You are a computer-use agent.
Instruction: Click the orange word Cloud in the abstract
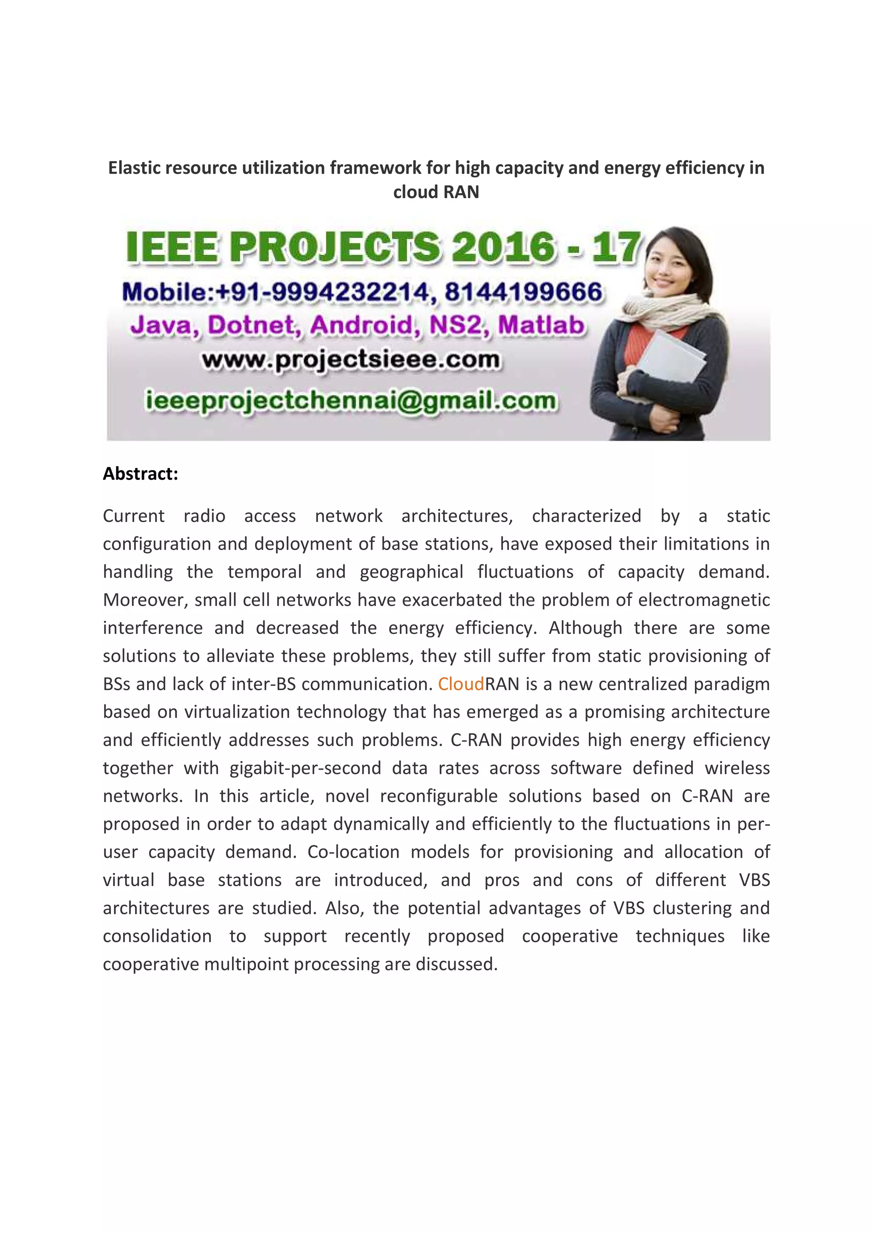[460, 684]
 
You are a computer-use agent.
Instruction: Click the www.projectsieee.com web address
[351, 360]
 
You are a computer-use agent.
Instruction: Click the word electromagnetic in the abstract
[704, 600]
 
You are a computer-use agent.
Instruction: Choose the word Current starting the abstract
[133, 516]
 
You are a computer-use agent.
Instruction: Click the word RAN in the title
[462, 192]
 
